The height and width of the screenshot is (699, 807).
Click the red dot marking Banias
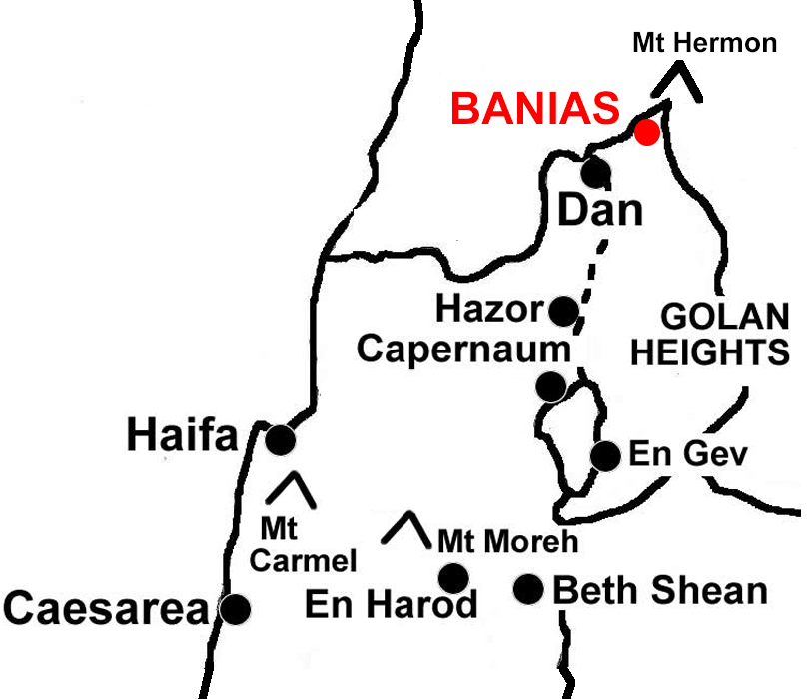point(647,132)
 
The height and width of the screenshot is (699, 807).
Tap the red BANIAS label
point(535,108)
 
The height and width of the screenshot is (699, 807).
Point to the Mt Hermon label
point(704,43)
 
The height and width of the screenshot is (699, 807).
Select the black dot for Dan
point(596,172)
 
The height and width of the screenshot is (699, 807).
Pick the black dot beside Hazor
point(563,310)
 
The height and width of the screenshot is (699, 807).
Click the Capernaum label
point(464,349)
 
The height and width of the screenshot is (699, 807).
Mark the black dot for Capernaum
point(550,386)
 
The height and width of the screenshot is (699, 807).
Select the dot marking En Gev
point(605,456)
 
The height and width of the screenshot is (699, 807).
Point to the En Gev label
point(687,455)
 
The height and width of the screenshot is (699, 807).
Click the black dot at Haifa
point(280,439)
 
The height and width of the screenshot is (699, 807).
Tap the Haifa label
point(182,437)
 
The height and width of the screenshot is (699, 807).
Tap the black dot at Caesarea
point(234,608)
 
